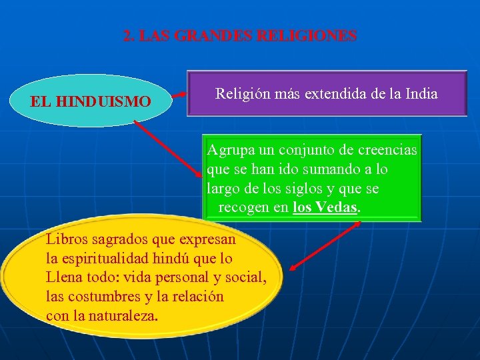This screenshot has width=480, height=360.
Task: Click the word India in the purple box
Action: tap(419, 94)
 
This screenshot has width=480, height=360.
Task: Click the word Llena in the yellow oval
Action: tap(64, 277)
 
